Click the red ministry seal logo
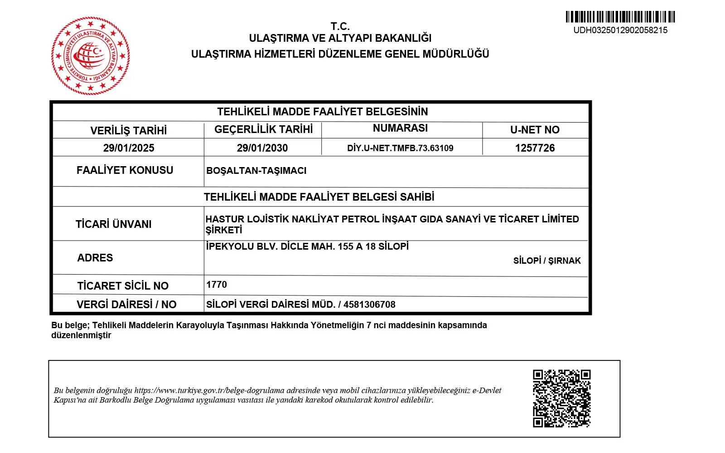pos(91,56)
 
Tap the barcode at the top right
pos(620,17)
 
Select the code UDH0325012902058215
pos(620,30)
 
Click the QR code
pos(561,398)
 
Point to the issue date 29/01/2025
pos(129,148)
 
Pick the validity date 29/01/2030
pos(262,148)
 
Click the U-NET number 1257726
pos(535,148)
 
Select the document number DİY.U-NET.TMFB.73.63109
pos(400,148)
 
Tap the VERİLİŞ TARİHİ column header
pos(129,131)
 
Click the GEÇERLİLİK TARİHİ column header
pos(263,129)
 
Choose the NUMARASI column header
pos(400,128)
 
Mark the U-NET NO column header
pos(535,130)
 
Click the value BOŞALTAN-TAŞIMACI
pos(256,171)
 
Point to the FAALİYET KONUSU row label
pos(125,170)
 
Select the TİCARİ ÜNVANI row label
pos(114,224)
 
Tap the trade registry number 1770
pos(217,285)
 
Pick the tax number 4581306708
pos(369,305)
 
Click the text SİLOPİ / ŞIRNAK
pos(547,261)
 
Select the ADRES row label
pos(95,258)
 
